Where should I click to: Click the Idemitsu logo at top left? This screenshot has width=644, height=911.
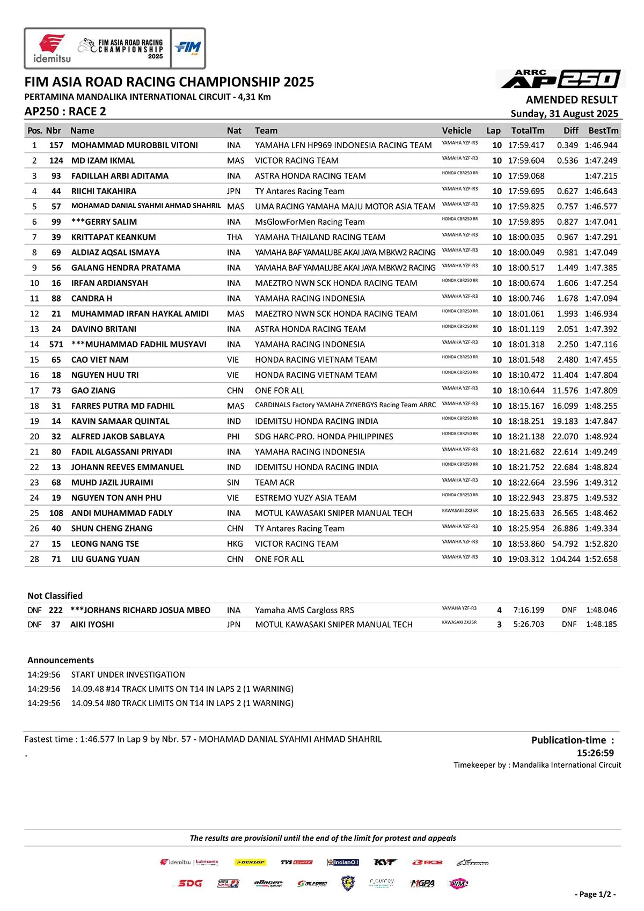click(x=52, y=48)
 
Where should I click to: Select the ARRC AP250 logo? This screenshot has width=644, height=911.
click(x=561, y=79)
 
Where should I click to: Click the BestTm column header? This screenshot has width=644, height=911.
click(x=603, y=130)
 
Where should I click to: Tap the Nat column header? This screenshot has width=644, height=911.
click(x=234, y=130)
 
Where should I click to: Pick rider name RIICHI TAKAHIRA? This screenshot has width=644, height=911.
click(x=104, y=191)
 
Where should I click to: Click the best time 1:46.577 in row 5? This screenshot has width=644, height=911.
click(x=601, y=207)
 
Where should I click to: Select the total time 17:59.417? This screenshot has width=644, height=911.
click(x=526, y=145)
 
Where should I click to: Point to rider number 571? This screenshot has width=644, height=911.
click(x=56, y=344)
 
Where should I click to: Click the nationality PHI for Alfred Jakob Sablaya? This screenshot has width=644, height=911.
click(x=233, y=437)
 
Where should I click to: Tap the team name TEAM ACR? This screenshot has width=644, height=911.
click(x=275, y=483)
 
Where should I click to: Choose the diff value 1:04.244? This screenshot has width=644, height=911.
click(x=565, y=559)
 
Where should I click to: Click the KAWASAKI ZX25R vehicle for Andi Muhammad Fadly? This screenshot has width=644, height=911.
click(x=460, y=511)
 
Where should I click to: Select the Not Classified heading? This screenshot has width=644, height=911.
click(x=55, y=596)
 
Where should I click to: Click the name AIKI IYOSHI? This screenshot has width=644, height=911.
click(x=92, y=625)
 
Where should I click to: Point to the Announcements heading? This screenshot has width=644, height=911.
click(x=61, y=660)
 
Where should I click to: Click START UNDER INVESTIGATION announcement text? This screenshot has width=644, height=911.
click(x=128, y=674)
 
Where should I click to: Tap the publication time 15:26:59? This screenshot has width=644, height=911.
click(x=595, y=753)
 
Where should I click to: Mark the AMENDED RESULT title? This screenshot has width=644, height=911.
click(x=572, y=100)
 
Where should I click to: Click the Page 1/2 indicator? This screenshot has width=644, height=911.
click(x=595, y=894)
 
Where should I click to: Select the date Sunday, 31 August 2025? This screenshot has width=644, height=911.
click(x=564, y=114)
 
